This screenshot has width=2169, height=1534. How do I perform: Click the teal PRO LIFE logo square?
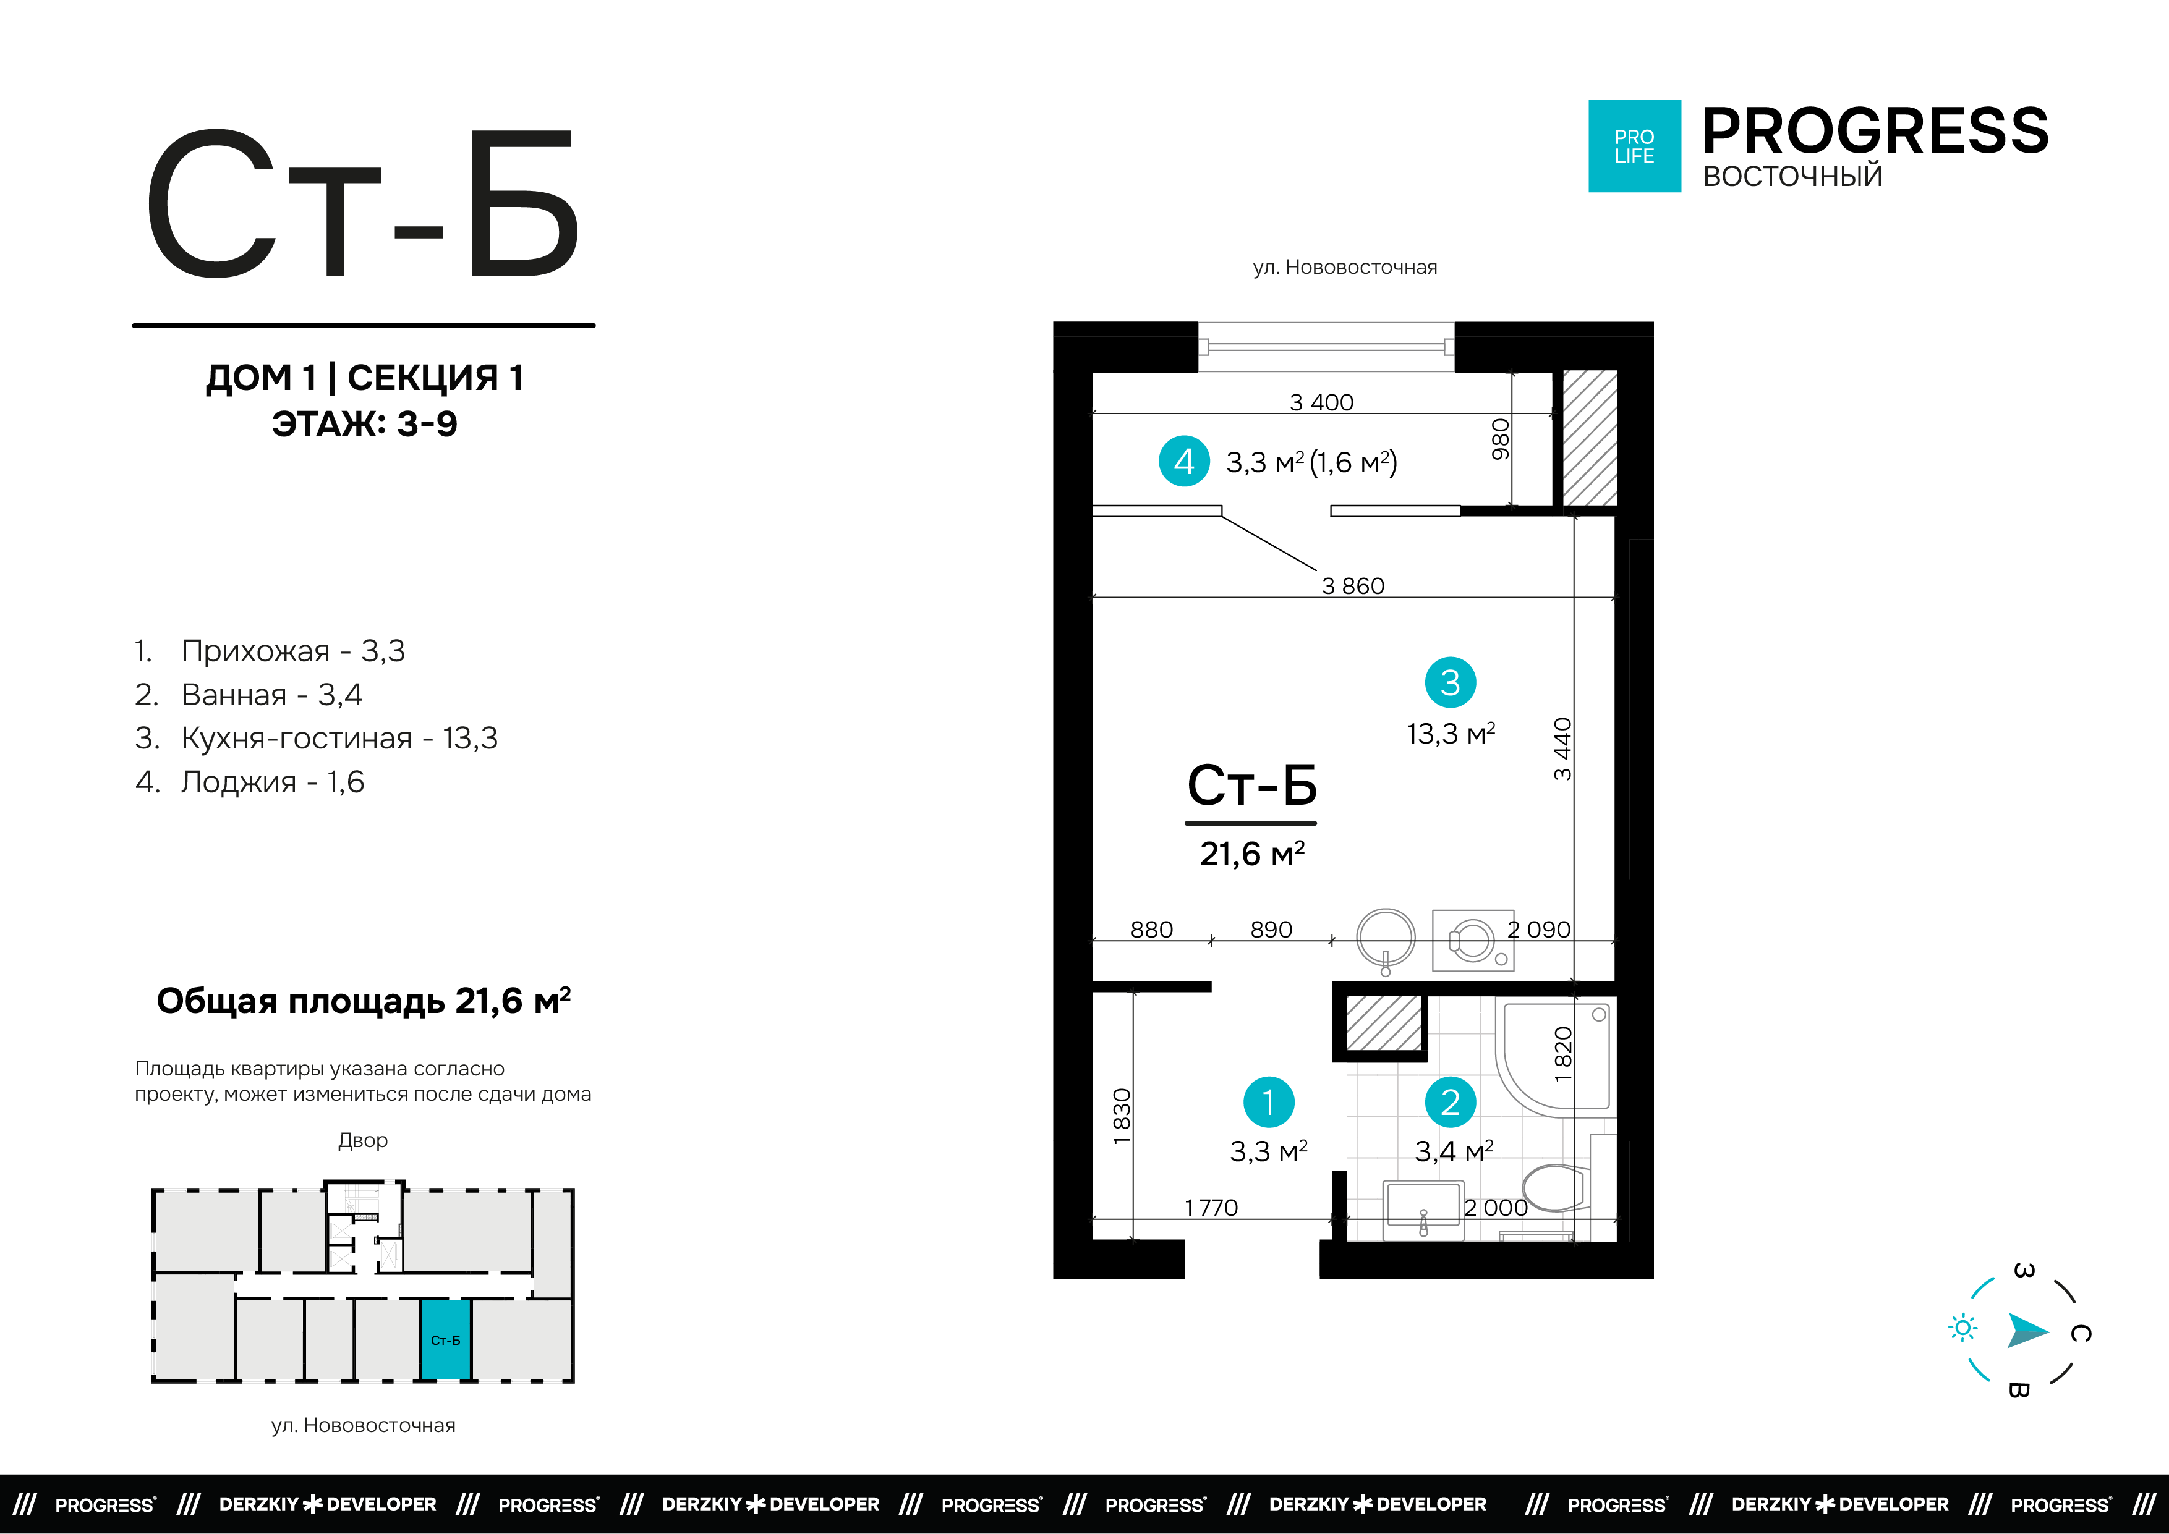1634,146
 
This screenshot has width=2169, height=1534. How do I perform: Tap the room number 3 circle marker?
1450,682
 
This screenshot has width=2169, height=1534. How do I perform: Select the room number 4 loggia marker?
1183,461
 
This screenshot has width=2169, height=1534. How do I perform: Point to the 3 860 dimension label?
1353,586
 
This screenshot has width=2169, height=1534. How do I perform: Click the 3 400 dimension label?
1321,402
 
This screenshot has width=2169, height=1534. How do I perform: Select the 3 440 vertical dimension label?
1564,749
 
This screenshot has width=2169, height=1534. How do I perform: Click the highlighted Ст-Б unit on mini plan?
445,1339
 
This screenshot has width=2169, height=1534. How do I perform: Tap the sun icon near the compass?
1962,1328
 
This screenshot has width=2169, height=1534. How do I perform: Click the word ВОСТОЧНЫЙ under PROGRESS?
1792,177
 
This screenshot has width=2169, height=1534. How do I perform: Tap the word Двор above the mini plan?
363,1140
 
